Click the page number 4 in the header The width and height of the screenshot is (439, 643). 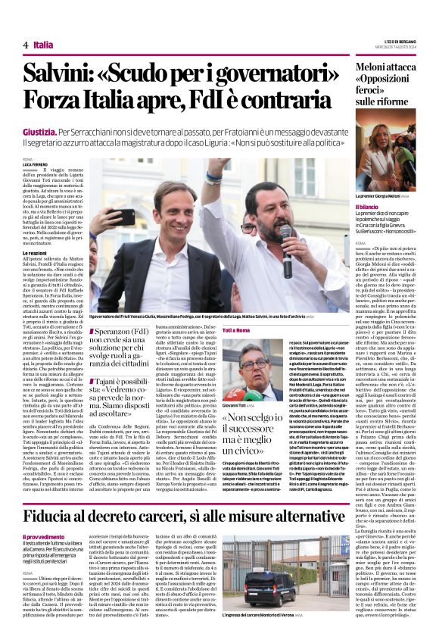coord(26,45)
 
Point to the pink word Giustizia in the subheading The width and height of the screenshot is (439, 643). coord(40,132)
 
